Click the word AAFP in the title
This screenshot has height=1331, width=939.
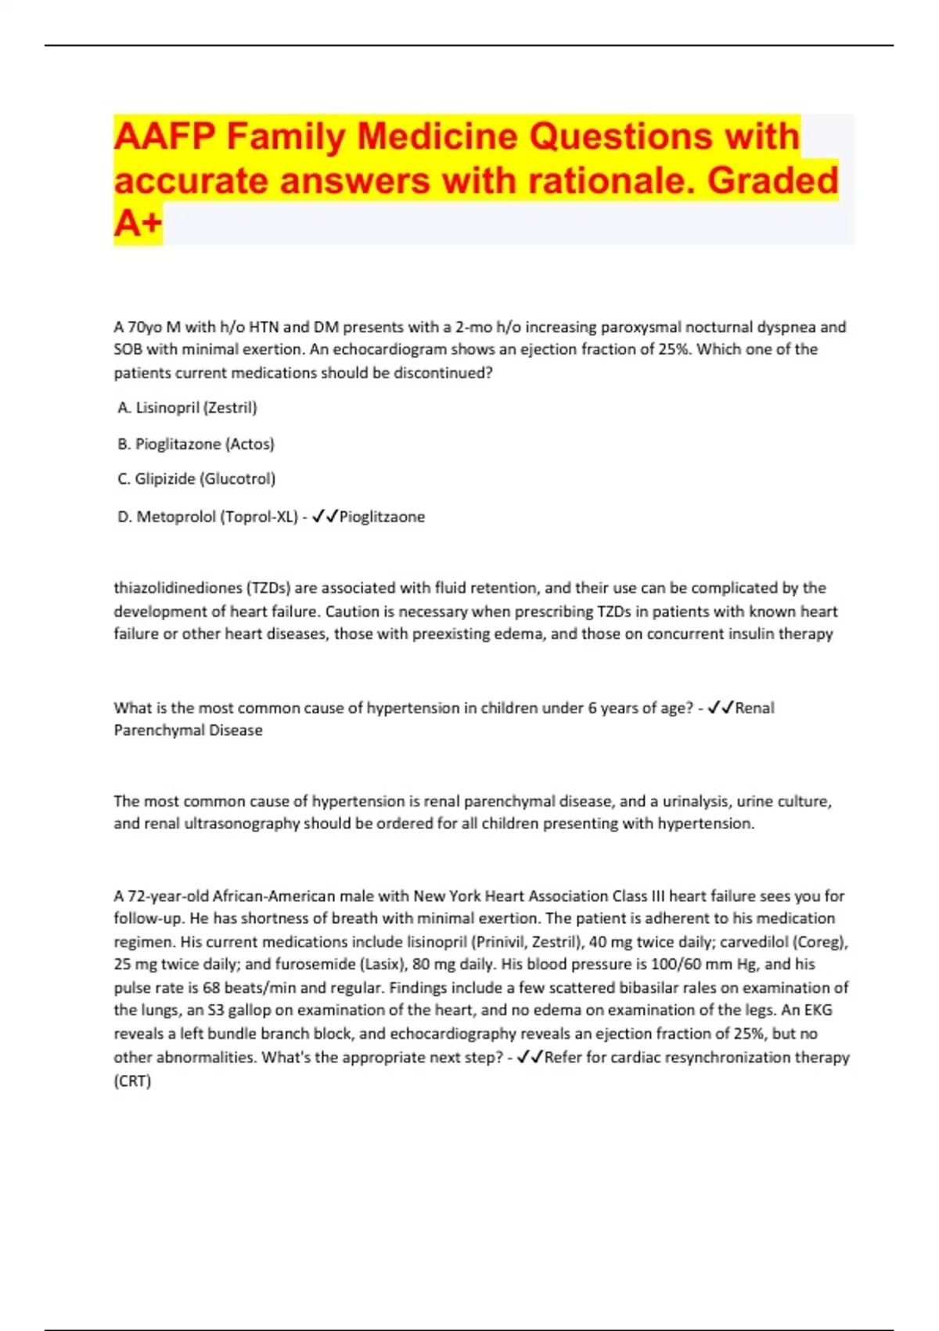tap(164, 137)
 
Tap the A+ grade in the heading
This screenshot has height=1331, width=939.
tap(138, 224)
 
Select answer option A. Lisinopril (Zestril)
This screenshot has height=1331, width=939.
tap(187, 407)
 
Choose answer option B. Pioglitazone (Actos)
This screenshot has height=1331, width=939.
tap(196, 444)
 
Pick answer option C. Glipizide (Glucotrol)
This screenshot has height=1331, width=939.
tap(196, 478)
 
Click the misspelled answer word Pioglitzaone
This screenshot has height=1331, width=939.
tap(382, 517)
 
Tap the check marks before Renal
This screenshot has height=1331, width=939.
tap(720, 708)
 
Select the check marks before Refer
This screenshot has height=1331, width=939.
tap(530, 1057)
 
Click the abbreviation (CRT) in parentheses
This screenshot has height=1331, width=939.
tap(132, 1080)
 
